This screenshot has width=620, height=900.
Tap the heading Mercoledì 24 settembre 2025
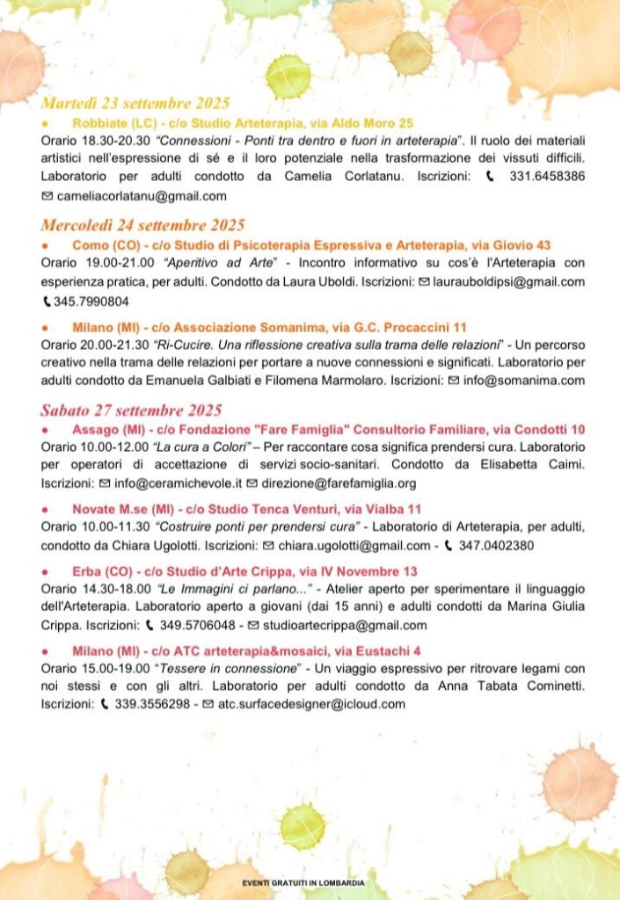142,225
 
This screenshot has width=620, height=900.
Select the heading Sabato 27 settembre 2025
131,410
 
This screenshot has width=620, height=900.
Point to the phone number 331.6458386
548,177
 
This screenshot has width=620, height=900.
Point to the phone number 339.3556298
153,704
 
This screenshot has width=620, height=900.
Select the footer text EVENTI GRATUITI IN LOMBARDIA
303,882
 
